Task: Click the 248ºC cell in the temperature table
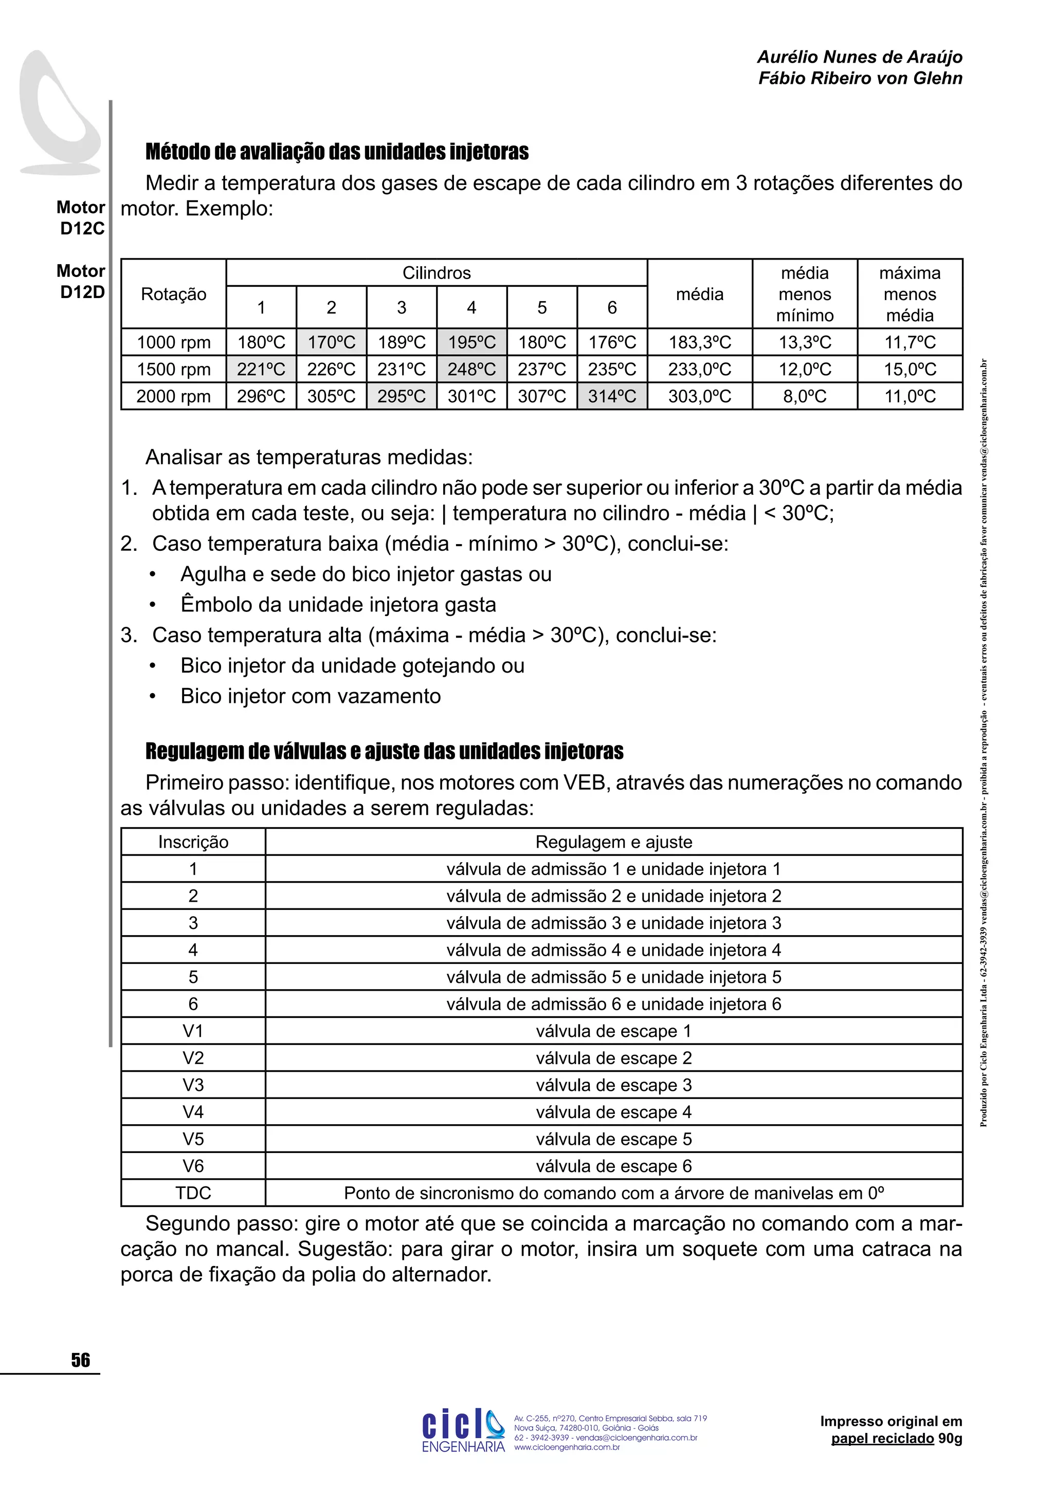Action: pos(471,369)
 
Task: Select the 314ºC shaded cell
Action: pos(611,396)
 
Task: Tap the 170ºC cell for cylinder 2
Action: pos(331,342)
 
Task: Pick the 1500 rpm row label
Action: pos(173,369)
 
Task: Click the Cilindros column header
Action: pos(437,273)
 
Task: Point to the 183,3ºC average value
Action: pos(700,342)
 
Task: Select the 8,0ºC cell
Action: pos(805,396)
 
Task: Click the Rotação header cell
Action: pos(173,294)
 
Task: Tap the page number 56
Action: pos(80,1361)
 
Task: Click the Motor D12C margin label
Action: pos(82,218)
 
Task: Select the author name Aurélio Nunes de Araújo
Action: pos(859,57)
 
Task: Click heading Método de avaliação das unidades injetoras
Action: pos(337,152)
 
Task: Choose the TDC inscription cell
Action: pos(193,1193)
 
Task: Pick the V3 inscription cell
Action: pos(193,1085)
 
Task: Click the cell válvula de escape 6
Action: pos(613,1166)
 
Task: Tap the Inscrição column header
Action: pos(193,842)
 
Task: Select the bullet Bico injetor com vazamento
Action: pos(311,696)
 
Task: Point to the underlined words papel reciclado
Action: pos(882,1439)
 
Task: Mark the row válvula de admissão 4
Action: pos(613,950)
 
